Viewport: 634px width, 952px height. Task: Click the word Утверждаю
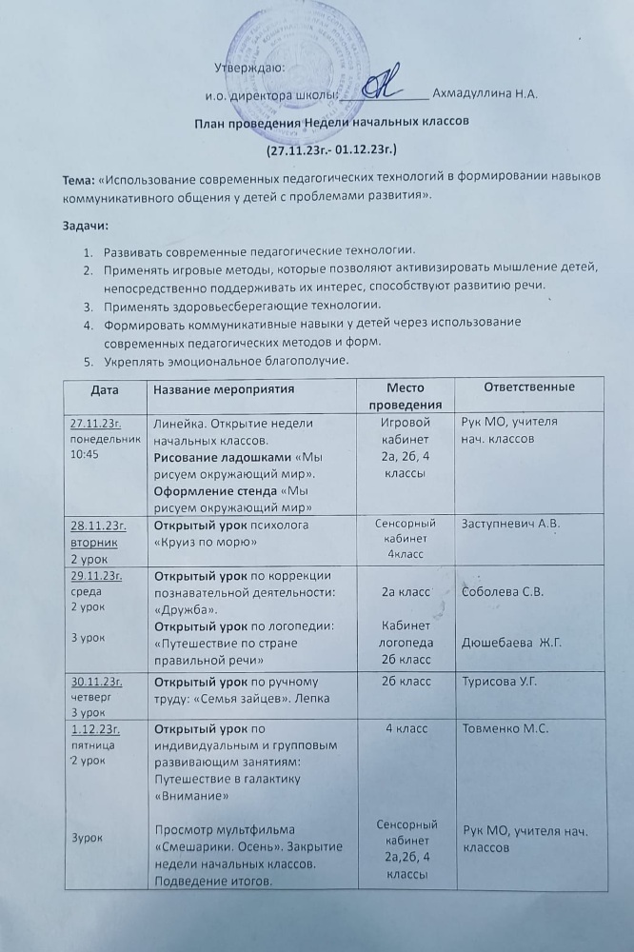pyautogui.click(x=248, y=67)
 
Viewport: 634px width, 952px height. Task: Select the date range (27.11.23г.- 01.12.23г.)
pyautogui.click(x=331, y=149)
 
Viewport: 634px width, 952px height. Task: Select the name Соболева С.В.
pyautogui.click(x=502, y=592)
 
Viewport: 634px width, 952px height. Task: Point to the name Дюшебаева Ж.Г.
pyautogui.click(x=512, y=644)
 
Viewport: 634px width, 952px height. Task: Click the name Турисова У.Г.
pyautogui.click(x=504, y=683)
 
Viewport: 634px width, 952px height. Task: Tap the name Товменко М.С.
pyautogui.click(x=505, y=730)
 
